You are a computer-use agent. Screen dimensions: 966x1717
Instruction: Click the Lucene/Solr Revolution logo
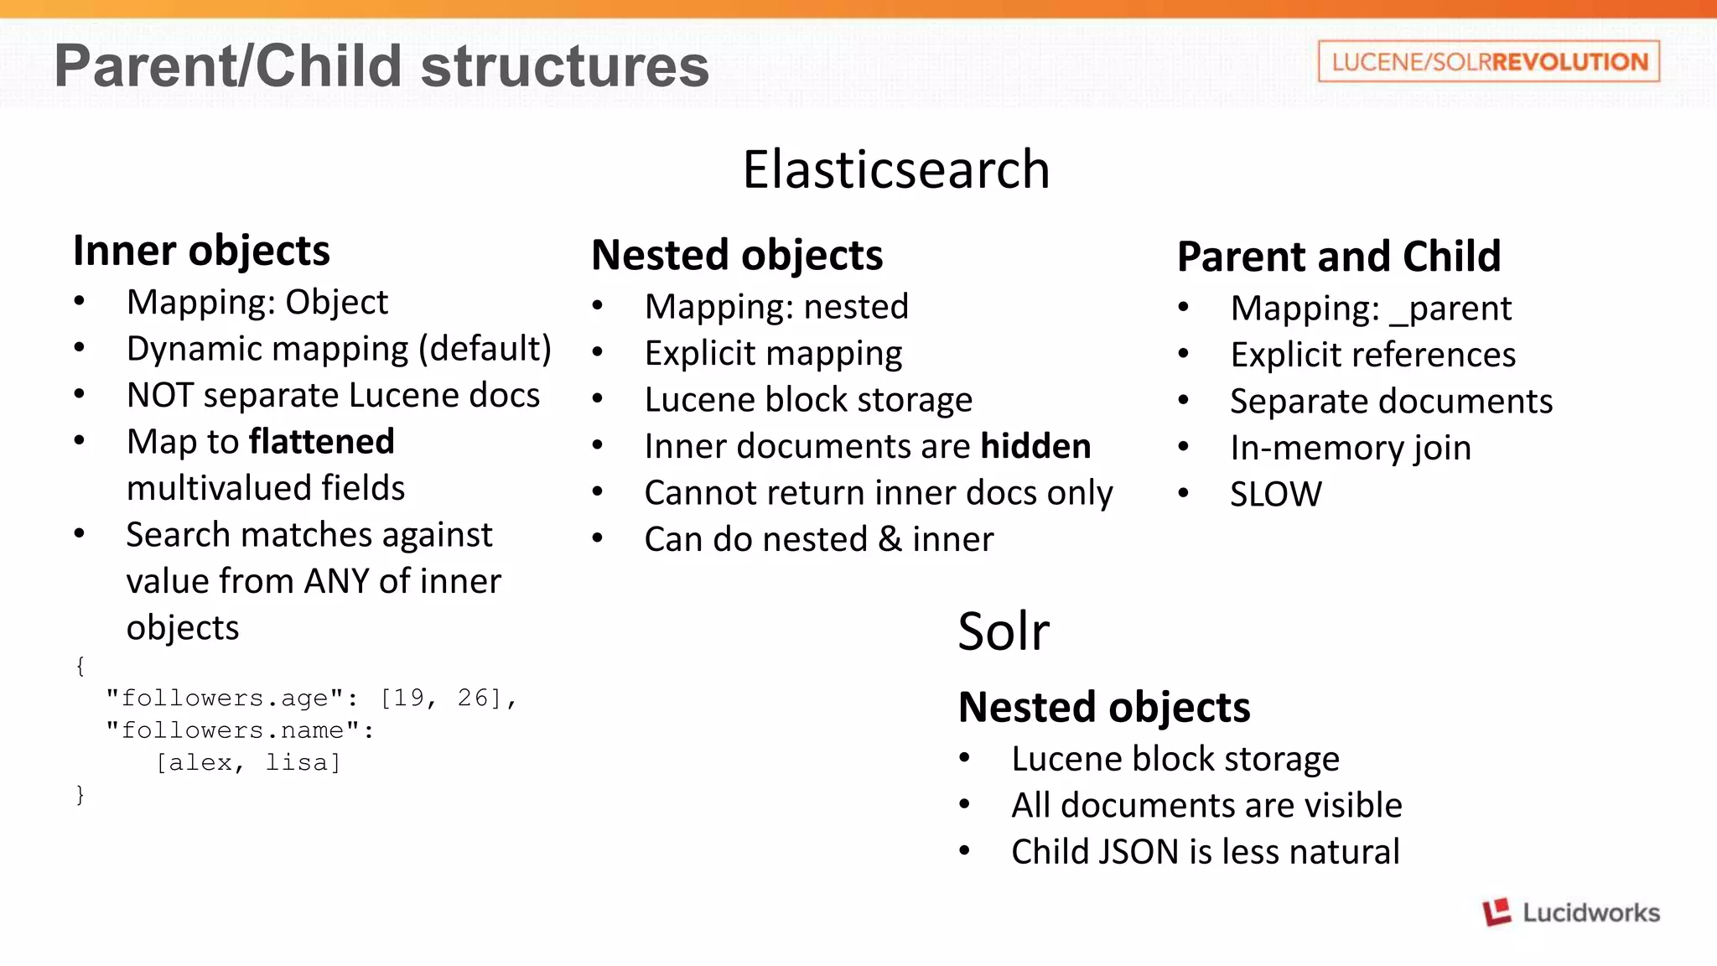click(x=1489, y=61)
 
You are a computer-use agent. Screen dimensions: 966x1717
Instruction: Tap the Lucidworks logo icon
click(x=1497, y=912)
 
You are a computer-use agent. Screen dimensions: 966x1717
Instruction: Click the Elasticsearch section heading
click(x=895, y=169)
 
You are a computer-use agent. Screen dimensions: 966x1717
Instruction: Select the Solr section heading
click(x=1003, y=631)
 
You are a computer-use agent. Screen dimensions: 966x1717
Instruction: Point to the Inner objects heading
click(x=201, y=251)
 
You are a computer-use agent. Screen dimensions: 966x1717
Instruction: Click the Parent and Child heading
click(x=1338, y=257)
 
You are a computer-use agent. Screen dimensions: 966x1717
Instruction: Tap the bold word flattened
click(x=322, y=442)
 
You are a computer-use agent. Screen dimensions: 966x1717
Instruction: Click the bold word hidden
click(x=1035, y=447)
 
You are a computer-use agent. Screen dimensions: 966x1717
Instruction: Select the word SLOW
click(x=1275, y=495)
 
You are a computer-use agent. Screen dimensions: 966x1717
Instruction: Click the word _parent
click(x=1451, y=309)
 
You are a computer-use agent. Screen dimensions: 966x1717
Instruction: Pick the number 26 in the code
click(x=473, y=698)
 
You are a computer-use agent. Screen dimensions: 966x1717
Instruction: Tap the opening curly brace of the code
click(x=80, y=666)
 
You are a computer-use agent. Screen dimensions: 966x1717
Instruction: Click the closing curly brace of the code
click(x=80, y=794)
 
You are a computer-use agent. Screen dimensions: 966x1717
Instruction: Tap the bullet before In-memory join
click(x=1183, y=448)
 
